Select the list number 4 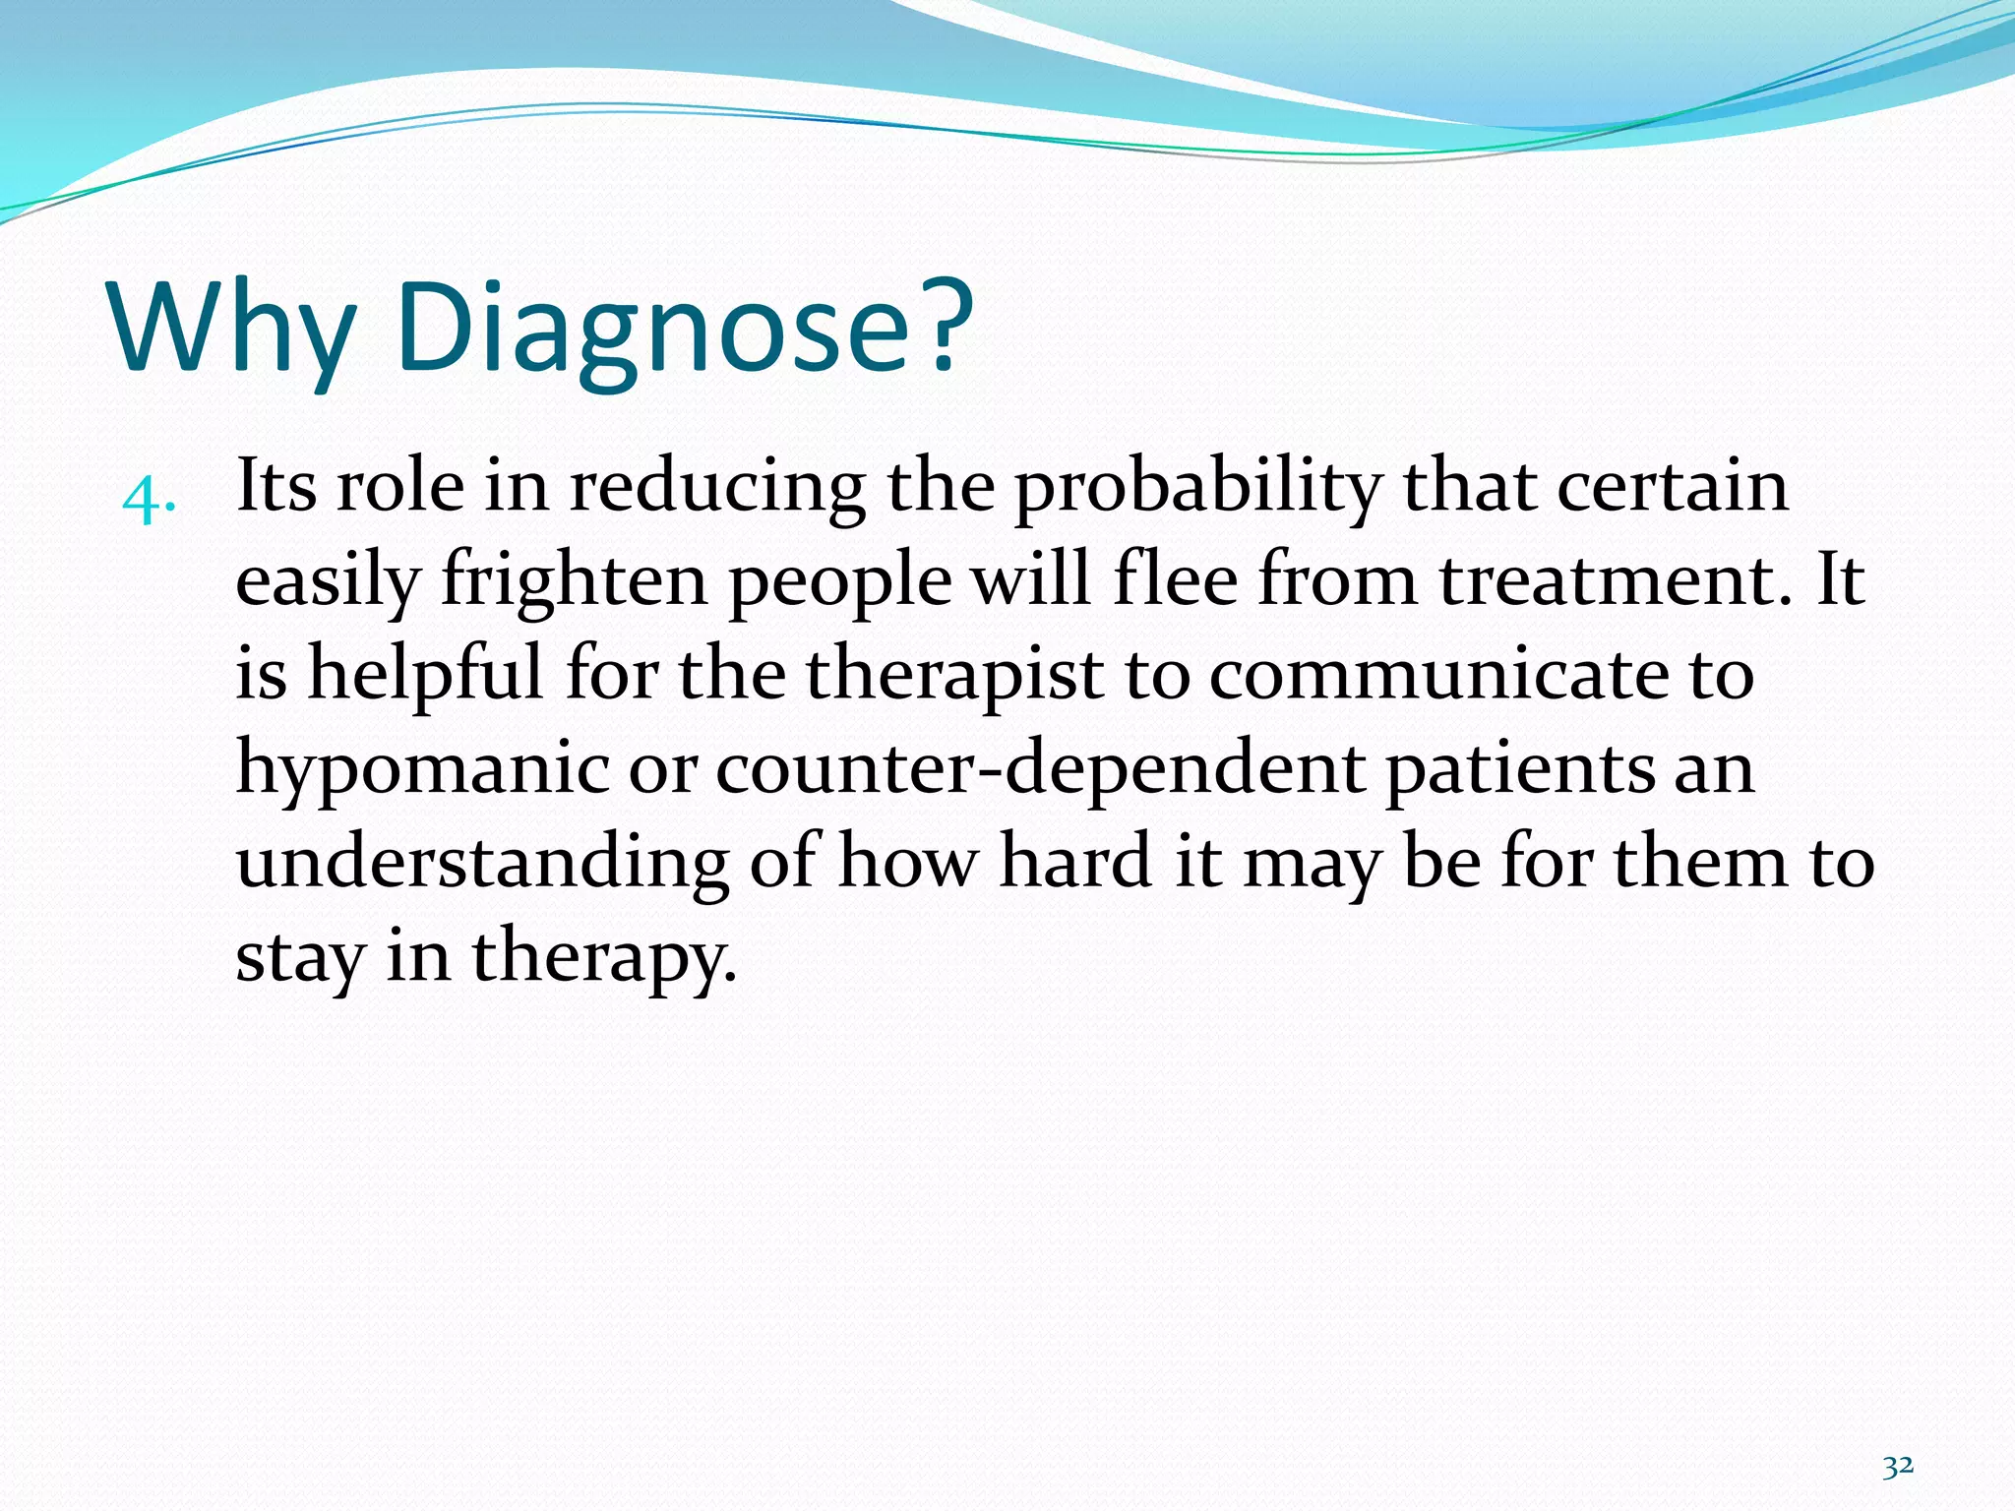[x=149, y=501]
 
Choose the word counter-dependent [x=1039, y=768]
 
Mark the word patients [x=1519, y=770]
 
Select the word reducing [x=717, y=489]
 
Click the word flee [x=1175, y=579]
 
